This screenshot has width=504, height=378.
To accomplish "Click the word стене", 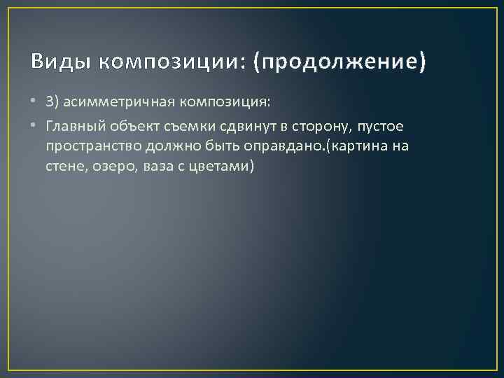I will (63, 167).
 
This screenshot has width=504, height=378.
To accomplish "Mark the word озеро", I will (109, 167).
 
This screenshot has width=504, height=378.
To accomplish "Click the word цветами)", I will (225, 167).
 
